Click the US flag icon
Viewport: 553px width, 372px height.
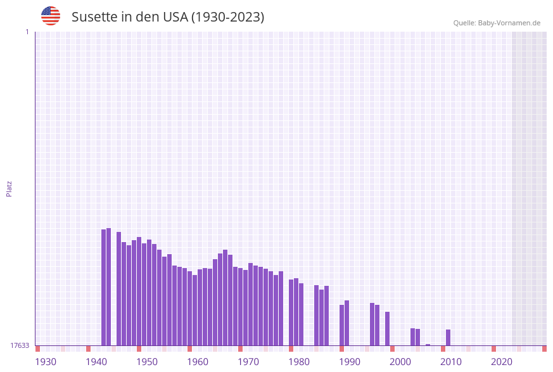[51, 16]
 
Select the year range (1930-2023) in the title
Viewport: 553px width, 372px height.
[227, 17]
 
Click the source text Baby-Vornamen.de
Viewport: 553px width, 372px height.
[509, 23]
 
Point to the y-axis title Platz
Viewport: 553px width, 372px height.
[9, 188]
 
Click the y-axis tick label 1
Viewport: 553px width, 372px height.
[27, 32]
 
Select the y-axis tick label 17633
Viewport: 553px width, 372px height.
[20, 345]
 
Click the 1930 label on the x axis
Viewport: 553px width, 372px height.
[46, 362]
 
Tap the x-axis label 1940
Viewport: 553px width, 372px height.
[96, 362]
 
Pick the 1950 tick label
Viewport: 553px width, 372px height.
[147, 362]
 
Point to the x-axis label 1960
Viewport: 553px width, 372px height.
[198, 362]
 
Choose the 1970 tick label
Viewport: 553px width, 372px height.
[248, 362]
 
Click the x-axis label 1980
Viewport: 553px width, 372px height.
[299, 362]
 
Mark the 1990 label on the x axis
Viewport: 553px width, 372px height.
[350, 362]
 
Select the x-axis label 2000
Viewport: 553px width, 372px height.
[400, 362]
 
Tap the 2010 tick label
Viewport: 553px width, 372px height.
[451, 362]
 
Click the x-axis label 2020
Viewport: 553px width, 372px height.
[502, 362]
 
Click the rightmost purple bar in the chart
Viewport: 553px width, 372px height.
[448, 337]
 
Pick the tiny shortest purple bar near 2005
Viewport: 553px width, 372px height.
[428, 345]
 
